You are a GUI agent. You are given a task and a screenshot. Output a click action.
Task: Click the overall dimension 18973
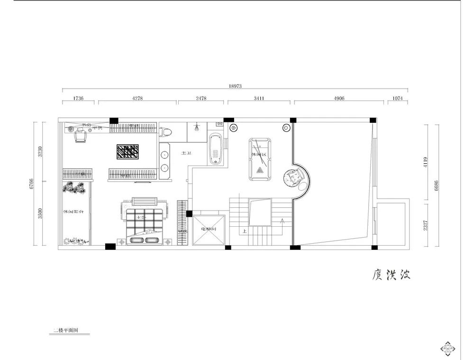pyautogui.click(x=235, y=86)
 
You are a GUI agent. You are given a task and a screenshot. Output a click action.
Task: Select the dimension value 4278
pyautogui.click(x=137, y=99)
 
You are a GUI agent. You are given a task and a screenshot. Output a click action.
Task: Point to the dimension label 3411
pyautogui.click(x=259, y=99)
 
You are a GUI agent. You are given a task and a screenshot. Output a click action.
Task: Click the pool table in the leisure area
pyautogui.click(x=259, y=159)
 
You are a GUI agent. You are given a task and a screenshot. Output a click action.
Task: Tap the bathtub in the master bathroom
pyautogui.click(x=216, y=149)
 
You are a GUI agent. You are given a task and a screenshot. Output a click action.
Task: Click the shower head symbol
pyautogui.click(x=196, y=127)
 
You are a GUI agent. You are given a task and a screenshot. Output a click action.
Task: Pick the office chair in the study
pyautogui.click(x=81, y=136)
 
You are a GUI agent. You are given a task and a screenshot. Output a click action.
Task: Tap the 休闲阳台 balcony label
pyautogui.click(x=73, y=211)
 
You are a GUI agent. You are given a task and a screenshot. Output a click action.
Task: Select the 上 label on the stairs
pyautogui.click(x=244, y=231)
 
